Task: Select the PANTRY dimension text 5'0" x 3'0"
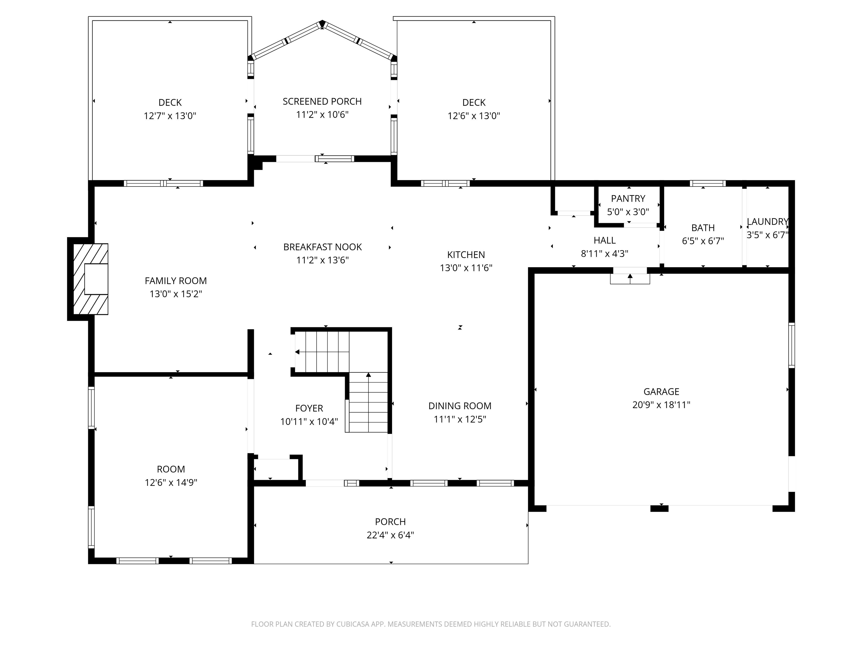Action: point(628,212)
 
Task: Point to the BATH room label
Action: point(703,228)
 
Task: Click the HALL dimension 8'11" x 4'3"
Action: point(604,254)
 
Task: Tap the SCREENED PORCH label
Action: point(322,101)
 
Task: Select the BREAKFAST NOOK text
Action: point(322,247)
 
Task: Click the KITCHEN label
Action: point(466,255)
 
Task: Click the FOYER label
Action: point(309,408)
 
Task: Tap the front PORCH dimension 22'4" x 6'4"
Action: point(390,535)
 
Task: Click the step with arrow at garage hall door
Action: point(630,278)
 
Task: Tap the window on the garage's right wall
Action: point(792,345)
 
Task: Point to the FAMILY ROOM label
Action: point(176,281)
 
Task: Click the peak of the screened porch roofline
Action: point(322,23)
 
